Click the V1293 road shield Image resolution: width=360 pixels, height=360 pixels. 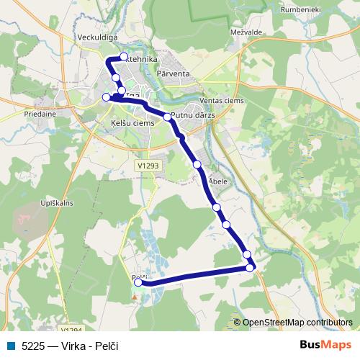point(148,165)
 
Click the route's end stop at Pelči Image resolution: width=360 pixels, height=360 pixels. point(138,283)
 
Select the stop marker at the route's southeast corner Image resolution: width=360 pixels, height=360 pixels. point(250,268)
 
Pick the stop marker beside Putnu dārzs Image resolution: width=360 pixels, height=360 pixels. point(167,116)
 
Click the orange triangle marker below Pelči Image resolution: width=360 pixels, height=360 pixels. point(135,294)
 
